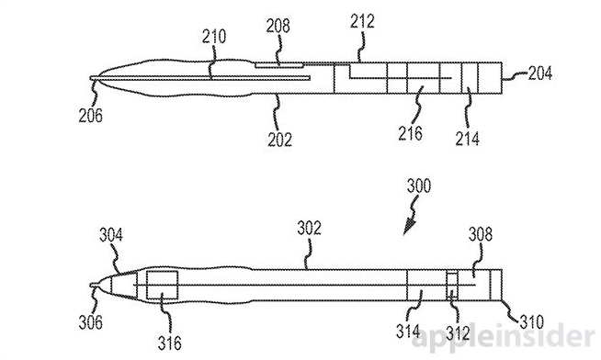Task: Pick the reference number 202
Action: click(x=279, y=140)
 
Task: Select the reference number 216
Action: click(x=411, y=134)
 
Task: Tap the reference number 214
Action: click(x=468, y=137)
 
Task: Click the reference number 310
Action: click(x=531, y=322)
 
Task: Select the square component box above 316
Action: click(x=163, y=287)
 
